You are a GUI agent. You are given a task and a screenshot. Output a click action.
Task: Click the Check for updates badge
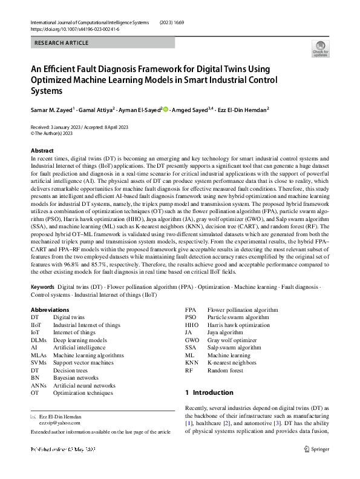pos(320,48)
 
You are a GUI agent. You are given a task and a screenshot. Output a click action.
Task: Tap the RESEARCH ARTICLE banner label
pos(62,43)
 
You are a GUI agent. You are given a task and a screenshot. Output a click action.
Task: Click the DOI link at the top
pos(67,29)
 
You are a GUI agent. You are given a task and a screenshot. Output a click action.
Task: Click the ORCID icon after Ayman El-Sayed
pos(166,109)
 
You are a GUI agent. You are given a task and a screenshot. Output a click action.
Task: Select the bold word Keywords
pos(42,285)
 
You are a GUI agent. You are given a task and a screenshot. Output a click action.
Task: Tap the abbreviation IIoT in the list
pos(36,325)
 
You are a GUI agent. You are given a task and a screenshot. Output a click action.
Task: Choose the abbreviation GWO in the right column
pos(192,340)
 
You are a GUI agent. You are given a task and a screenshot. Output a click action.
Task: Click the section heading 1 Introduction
pos(209,392)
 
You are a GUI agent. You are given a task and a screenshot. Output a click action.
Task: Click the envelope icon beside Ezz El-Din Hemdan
pos(33,417)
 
